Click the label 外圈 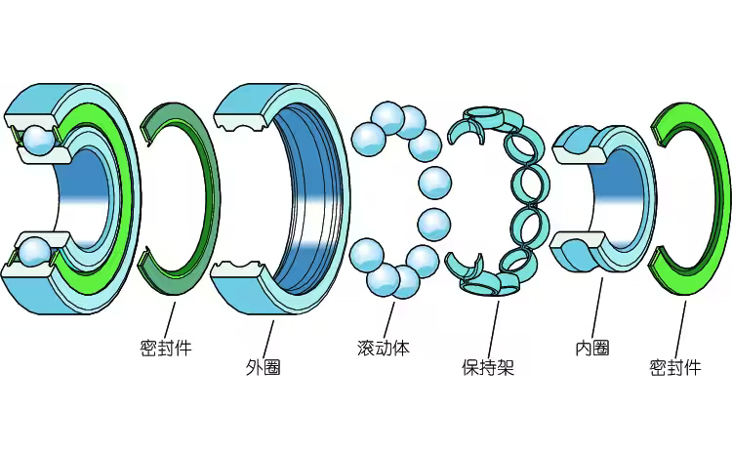[264, 368]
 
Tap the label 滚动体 [383, 348]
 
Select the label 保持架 [488, 368]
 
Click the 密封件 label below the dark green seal [165, 348]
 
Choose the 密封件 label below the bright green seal [675, 368]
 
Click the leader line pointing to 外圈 [268, 338]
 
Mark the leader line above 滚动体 [388, 317]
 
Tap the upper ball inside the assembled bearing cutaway [39, 139]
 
